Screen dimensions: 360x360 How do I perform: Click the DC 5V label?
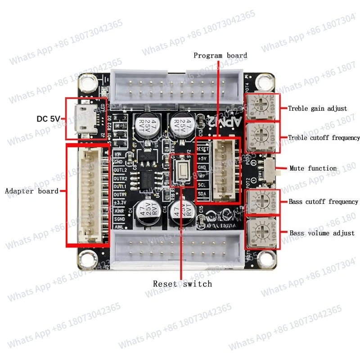point(48,119)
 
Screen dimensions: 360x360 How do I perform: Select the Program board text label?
point(220,55)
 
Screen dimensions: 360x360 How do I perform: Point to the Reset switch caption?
point(182,283)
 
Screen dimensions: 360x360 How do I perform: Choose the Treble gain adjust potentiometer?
point(262,107)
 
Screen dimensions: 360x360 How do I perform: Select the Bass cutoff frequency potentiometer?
point(262,201)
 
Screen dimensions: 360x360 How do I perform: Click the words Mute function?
point(313,168)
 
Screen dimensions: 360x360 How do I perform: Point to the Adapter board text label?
point(31,191)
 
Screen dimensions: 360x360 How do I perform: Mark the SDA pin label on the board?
point(202,193)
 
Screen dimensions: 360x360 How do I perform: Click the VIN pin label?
point(119,153)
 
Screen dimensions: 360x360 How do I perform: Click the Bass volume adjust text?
point(322,233)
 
